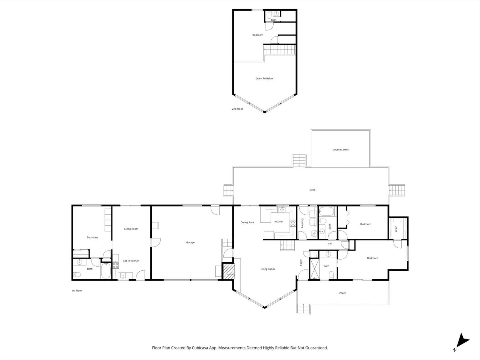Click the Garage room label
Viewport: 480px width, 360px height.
(190, 243)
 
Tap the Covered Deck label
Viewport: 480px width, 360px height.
(340, 150)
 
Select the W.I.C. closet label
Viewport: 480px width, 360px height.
(396, 228)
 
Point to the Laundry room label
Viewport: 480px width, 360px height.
(302, 223)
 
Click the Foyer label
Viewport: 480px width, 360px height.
(301, 262)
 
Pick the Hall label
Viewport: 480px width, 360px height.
(330, 244)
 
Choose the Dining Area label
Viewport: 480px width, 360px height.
(247, 222)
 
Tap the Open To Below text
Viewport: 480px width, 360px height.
(264, 79)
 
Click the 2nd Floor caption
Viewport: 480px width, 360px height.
(237, 109)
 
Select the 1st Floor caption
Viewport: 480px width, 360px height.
(77, 291)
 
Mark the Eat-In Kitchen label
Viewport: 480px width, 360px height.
(131, 261)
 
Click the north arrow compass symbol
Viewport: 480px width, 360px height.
(462, 341)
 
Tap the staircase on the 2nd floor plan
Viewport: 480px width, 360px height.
(279, 50)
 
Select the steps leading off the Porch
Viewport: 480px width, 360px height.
(303, 308)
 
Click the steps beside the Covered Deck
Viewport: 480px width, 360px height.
(299, 161)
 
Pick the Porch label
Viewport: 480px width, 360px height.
(342, 293)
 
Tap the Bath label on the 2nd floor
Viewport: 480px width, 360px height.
(274, 20)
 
